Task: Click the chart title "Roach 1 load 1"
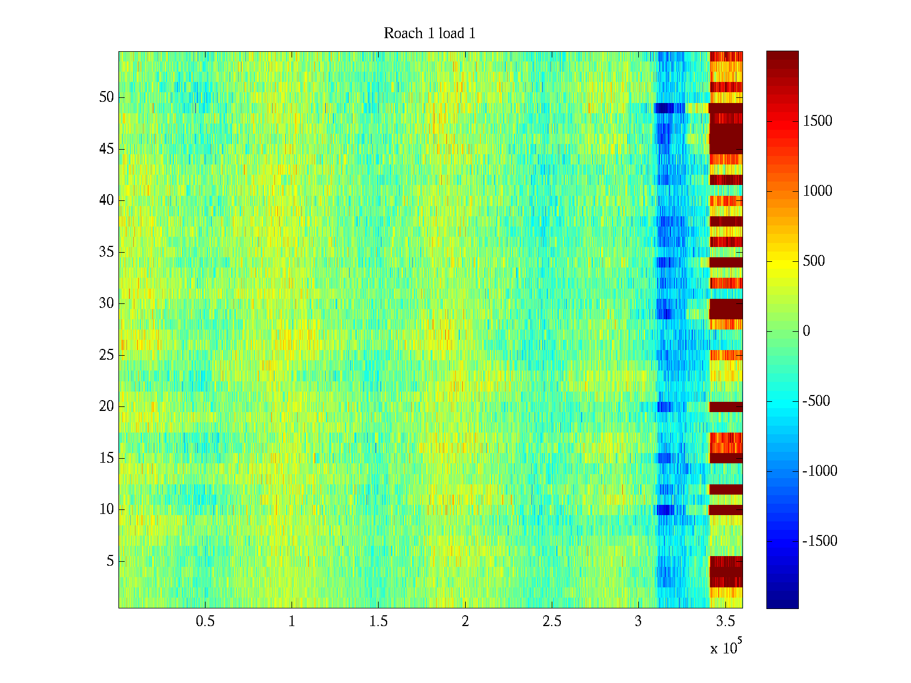point(429,34)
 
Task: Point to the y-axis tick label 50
point(106,97)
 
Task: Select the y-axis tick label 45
point(106,149)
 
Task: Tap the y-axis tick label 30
point(106,303)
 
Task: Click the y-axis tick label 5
point(110,561)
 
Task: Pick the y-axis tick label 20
point(106,406)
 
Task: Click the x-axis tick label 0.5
point(205,622)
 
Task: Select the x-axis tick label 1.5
point(379,622)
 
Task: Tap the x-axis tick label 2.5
point(552,622)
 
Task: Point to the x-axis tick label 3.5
point(725,622)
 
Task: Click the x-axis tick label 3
point(638,622)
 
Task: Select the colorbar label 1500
point(818,121)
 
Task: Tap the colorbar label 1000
point(818,191)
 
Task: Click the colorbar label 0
point(806,331)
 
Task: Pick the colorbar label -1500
point(820,541)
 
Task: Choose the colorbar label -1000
point(820,471)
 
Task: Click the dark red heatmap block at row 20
point(726,406)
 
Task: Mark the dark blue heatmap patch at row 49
point(664,108)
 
